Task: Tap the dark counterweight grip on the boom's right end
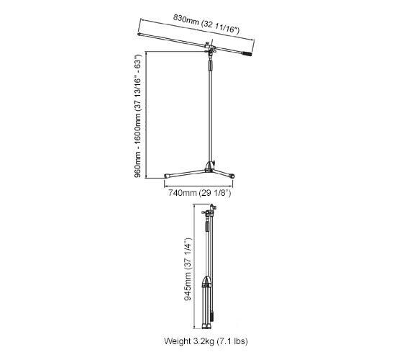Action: (247, 54)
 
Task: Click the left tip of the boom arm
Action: (140, 35)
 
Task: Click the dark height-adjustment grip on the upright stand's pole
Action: (210, 66)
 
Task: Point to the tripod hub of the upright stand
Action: (210, 166)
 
